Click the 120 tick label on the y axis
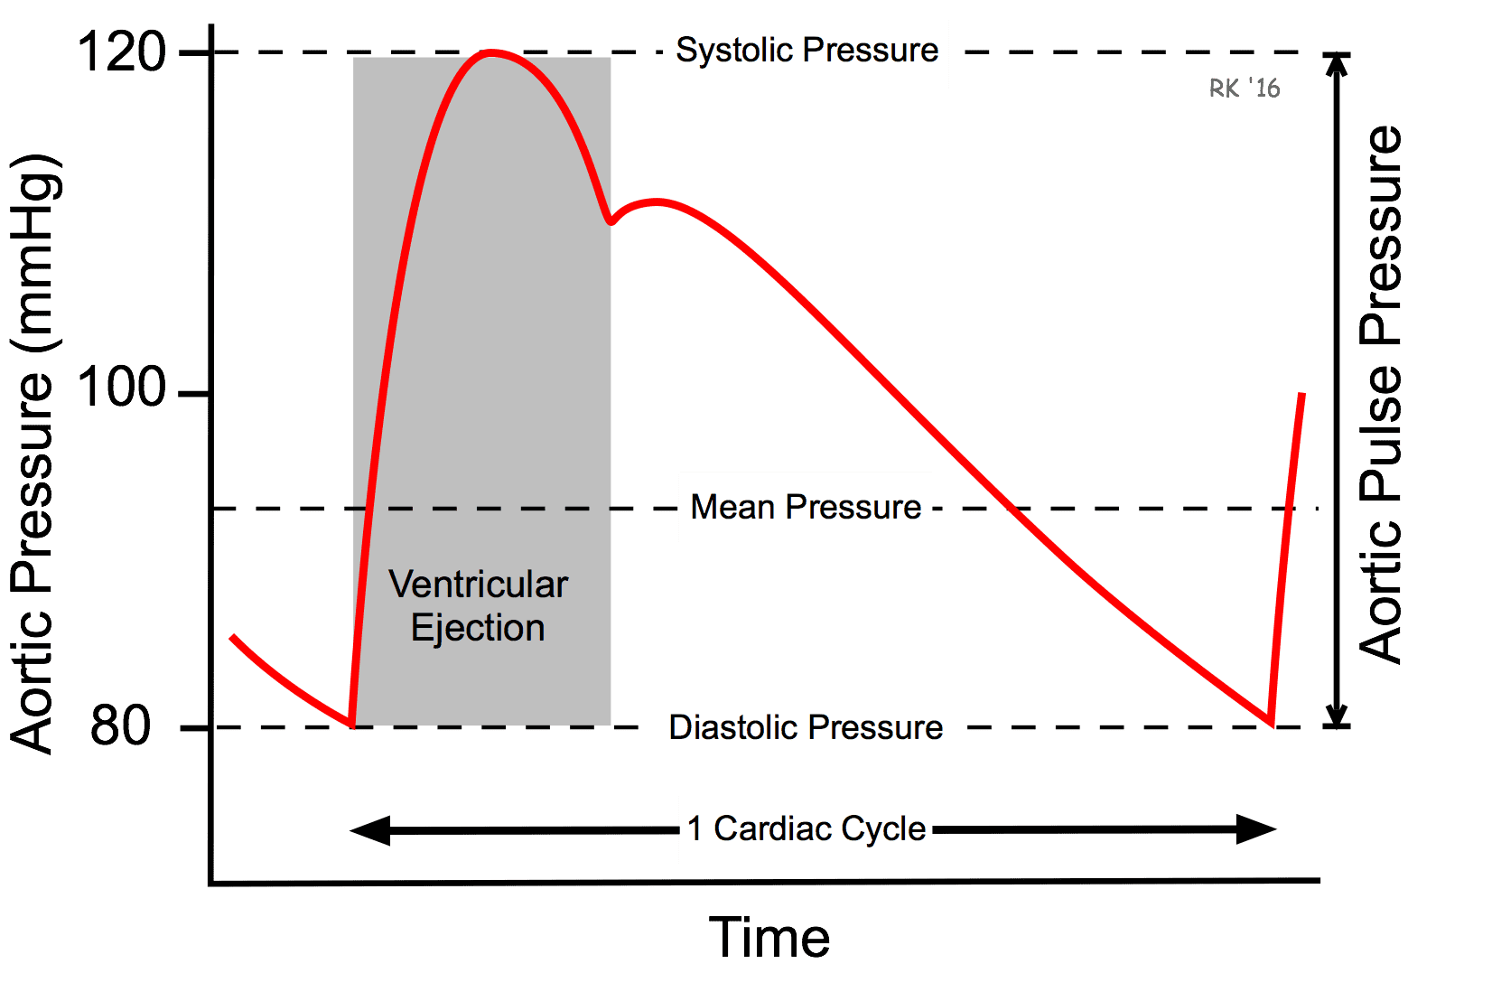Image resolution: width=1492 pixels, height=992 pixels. click(121, 51)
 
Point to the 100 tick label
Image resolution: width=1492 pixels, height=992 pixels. click(121, 387)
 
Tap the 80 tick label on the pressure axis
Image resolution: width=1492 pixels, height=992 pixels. click(120, 725)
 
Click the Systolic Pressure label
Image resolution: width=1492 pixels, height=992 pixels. click(807, 50)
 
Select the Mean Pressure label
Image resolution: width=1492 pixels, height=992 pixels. click(806, 507)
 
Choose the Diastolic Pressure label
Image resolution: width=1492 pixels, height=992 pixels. click(806, 727)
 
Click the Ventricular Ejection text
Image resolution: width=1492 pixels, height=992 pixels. click(479, 606)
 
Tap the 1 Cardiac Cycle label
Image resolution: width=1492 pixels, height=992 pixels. click(807, 828)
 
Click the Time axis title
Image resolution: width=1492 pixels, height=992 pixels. click(769, 938)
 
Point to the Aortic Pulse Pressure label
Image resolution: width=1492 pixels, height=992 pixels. click(1381, 395)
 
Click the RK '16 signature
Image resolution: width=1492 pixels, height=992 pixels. click(1245, 88)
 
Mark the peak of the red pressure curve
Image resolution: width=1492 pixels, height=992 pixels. click(491, 51)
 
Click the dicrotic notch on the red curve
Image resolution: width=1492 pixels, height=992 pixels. click(611, 221)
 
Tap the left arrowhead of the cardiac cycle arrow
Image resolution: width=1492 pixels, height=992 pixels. click(370, 830)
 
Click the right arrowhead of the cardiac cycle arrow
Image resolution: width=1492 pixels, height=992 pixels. click(1256, 829)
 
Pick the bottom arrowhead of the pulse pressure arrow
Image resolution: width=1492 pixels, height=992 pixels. click(1336, 716)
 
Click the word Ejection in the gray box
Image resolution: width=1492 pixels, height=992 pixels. click(479, 628)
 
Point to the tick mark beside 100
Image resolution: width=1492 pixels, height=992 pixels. click(194, 395)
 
